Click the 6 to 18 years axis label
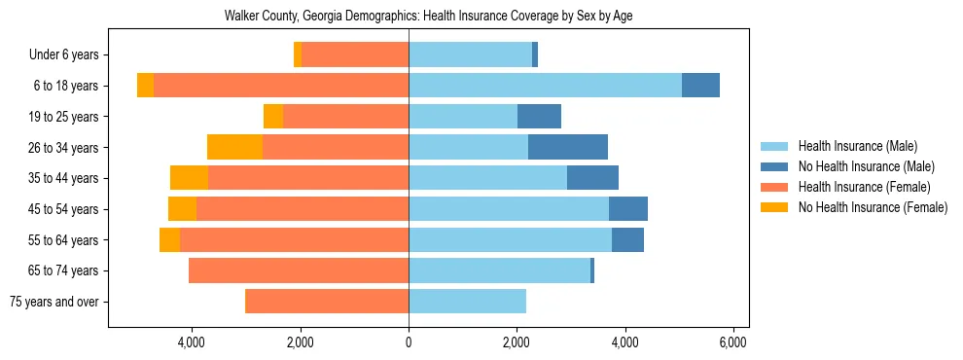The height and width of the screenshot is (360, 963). (65, 86)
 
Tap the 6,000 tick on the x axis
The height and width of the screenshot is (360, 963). (732, 342)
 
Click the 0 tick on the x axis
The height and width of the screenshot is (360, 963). (409, 342)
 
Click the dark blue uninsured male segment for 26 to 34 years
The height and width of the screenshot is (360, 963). (568, 148)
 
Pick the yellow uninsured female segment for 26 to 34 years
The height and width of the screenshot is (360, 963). (234, 148)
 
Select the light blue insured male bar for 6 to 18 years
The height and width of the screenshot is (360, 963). (545, 86)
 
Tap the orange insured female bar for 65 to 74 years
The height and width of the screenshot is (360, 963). (299, 270)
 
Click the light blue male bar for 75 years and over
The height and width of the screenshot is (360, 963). (467, 302)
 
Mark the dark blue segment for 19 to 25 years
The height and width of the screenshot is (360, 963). (539, 117)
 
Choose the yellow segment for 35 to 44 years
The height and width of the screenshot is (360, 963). (189, 178)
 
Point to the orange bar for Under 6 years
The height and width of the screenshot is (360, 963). (355, 55)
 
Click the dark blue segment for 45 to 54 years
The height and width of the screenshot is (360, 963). (628, 209)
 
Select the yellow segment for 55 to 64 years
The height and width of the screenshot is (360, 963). (169, 240)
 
